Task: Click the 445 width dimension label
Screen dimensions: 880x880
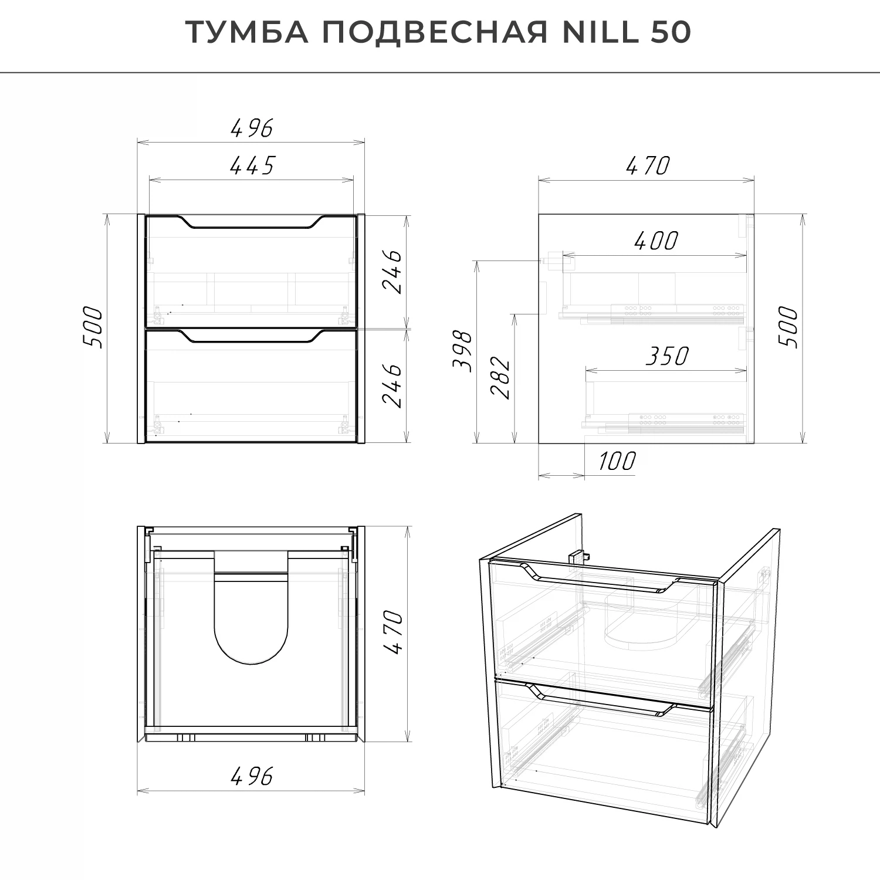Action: (252, 166)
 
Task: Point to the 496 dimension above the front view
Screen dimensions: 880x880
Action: (252, 128)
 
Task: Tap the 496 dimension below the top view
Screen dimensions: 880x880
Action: (252, 777)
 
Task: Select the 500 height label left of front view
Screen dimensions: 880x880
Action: (94, 327)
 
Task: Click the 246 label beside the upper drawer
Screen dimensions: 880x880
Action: (392, 271)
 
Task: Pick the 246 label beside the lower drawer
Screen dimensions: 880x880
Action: (392, 385)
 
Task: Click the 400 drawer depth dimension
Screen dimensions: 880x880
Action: (656, 241)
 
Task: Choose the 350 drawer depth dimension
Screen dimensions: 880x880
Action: (667, 356)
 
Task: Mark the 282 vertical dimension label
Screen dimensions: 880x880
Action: (500, 377)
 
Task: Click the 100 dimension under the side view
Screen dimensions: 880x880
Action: (617, 462)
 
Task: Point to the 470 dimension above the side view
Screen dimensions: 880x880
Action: (647, 166)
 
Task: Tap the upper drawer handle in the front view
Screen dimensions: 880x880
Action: (252, 223)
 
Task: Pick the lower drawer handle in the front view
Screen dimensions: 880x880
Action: (252, 337)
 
